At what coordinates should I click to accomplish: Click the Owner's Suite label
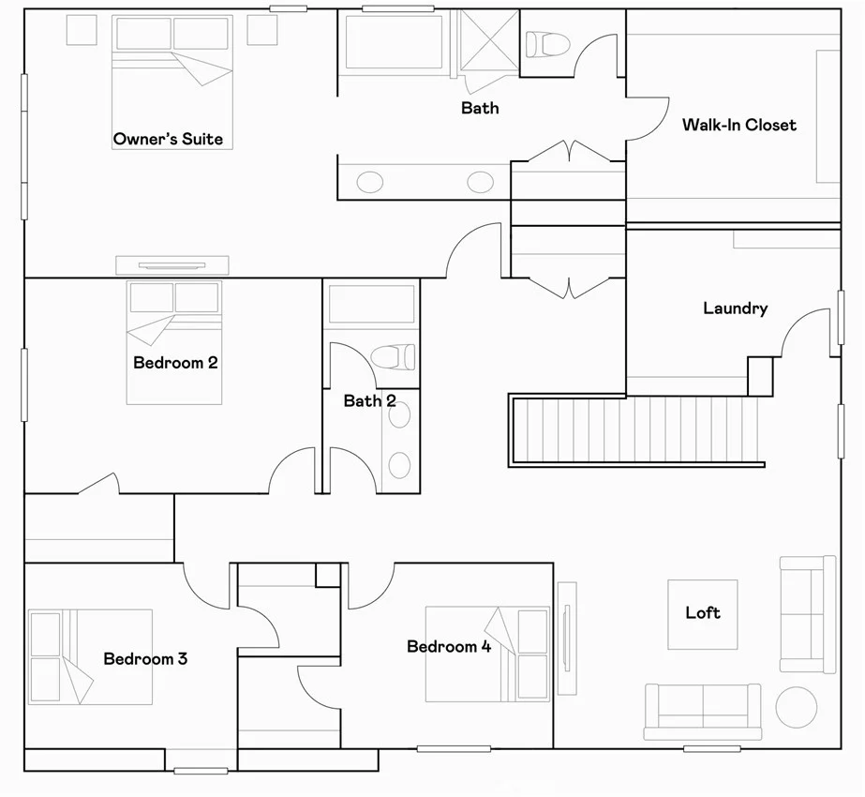(x=169, y=139)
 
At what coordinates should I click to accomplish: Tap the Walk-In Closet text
(x=739, y=125)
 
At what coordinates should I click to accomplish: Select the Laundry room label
(x=736, y=308)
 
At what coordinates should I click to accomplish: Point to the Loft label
(x=703, y=612)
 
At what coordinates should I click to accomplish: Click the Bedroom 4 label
(x=449, y=646)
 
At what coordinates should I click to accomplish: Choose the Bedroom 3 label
(x=145, y=658)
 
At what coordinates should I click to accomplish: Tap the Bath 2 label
(x=369, y=400)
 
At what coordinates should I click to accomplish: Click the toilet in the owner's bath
(x=547, y=44)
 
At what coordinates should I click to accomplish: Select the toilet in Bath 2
(x=393, y=356)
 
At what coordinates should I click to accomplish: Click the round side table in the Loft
(x=796, y=707)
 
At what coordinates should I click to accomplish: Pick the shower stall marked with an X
(x=489, y=40)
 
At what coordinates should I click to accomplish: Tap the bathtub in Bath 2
(x=371, y=304)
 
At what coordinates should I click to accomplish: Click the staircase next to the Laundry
(x=636, y=430)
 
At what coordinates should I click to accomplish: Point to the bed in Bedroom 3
(x=91, y=656)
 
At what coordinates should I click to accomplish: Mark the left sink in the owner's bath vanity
(x=369, y=182)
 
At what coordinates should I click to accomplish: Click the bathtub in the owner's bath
(x=394, y=42)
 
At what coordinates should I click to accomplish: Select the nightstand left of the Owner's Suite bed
(x=82, y=30)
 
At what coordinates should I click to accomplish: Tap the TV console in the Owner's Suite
(x=172, y=265)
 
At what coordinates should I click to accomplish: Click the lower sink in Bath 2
(x=399, y=465)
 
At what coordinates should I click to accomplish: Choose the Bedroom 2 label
(x=175, y=363)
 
